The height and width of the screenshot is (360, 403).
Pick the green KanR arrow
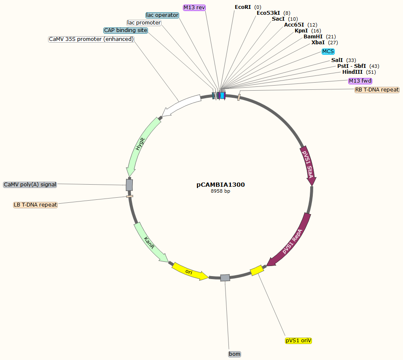coord(150,242)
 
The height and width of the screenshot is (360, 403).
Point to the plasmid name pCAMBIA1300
coord(220,185)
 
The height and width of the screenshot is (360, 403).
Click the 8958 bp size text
coord(220,191)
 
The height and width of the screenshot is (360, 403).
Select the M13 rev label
coord(194,8)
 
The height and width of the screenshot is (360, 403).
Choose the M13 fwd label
coord(360,81)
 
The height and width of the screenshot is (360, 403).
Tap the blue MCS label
coord(328,51)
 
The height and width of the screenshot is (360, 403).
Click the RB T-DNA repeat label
coord(376,89)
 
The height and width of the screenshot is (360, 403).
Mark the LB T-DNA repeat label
coord(35,205)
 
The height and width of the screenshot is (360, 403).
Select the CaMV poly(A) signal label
coord(30,185)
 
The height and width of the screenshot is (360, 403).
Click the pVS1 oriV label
coord(298,340)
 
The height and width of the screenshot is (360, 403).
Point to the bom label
coord(234,354)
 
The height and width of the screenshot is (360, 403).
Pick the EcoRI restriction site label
coord(243,7)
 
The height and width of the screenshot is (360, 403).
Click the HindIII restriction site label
coord(352,72)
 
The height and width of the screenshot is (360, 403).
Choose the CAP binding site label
coord(126,30)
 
